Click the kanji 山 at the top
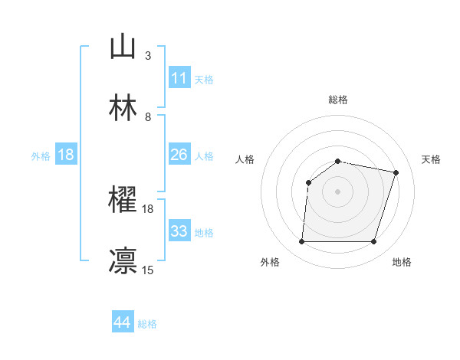coord(123,47)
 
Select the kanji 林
coord(123,107)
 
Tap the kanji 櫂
coord(123,201)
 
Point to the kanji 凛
coord(123,260)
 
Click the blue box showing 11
coord(179,78)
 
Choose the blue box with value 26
coord(179,155)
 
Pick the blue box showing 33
coord(179,231)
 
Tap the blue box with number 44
coord(123,322)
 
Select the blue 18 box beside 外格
coord(66,155)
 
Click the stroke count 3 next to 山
coord(147,55)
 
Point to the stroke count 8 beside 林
coord(147,116)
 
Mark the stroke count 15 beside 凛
coord(147,269)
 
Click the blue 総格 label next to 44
coord(147,324)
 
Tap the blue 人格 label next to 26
coord(204,155)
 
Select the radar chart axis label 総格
coord(338,100)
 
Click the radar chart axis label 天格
coord(432,159)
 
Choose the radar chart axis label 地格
coord(402,262)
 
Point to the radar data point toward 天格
coord(396,173)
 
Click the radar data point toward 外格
coord(302,242)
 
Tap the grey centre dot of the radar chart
coord(338,191)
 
